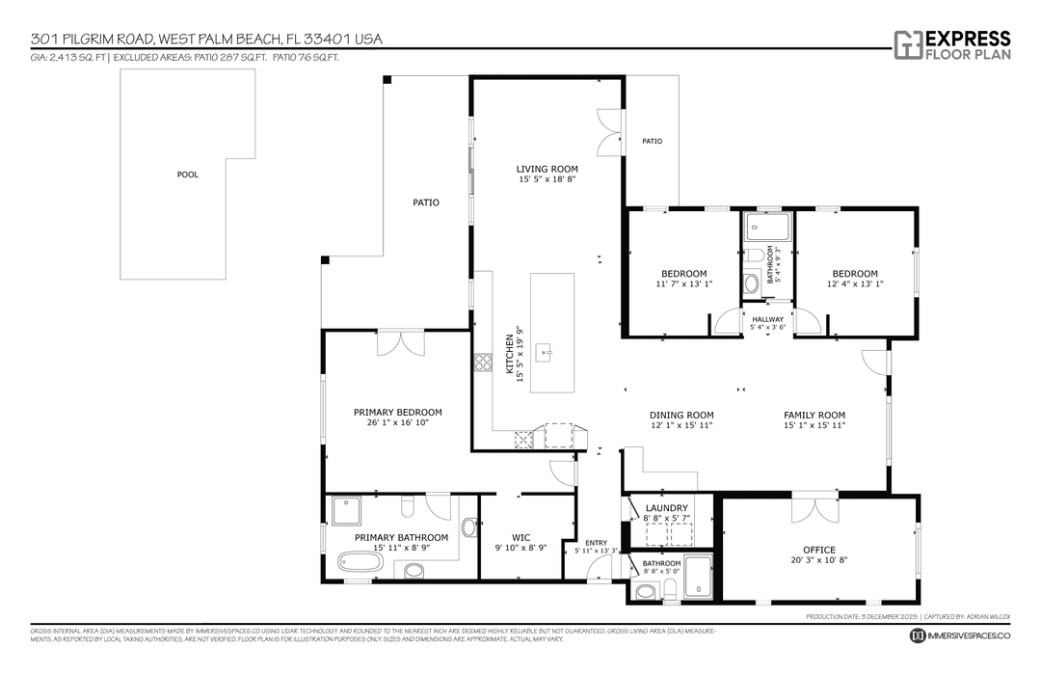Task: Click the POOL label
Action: point(187,175)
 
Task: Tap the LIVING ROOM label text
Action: point(547,169)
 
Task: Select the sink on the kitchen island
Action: point(546,353)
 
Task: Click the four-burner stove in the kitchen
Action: point(482,363)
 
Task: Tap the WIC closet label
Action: point(520,537)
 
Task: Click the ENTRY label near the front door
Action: point(597,543)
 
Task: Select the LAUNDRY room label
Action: point(666,508)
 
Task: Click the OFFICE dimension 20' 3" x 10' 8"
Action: point(818,559)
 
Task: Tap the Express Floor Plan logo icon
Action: point(907,44)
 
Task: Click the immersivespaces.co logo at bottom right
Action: point(919,635)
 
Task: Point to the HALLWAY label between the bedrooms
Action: point(768,319)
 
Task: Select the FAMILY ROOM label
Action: point(814,415)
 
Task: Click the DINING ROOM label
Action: point(681,415)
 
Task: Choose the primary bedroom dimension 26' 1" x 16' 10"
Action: point(397,421)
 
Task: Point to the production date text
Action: point(861,615)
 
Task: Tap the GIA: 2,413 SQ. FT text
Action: point(67,58)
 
